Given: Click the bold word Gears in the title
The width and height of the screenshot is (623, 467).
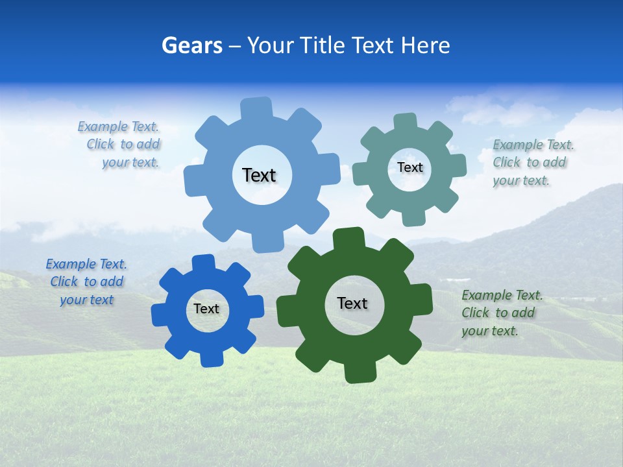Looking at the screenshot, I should point(191,45).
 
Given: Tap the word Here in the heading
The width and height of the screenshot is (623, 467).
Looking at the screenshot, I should point(425,45).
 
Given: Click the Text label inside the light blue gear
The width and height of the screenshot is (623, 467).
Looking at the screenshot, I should point(259,175).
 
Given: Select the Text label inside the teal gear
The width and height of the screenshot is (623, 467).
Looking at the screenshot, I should point(409,167).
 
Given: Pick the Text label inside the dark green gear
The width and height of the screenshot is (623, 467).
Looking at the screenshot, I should point(352,303).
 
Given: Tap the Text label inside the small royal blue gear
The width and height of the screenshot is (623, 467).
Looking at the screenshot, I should point(206,309).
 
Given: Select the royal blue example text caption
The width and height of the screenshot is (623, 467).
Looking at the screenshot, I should point(86,281).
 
